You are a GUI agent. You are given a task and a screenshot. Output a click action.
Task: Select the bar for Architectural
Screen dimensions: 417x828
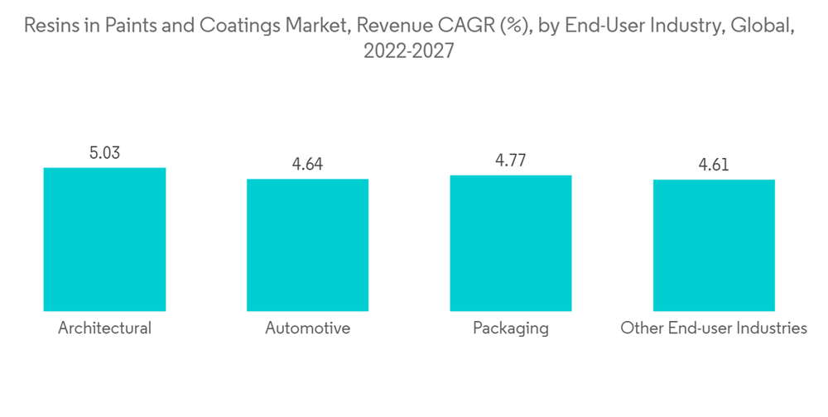tap(104, 239)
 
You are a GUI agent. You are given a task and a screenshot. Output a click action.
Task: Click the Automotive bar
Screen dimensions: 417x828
tap(307, 245)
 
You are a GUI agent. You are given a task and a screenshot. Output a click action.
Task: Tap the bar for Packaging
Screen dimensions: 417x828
tap(511, 242)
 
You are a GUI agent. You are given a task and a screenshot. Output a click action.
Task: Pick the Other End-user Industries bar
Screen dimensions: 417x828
tap(714, 245)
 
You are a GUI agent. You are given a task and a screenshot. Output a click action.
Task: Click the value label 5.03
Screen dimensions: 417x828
tap(104, 153)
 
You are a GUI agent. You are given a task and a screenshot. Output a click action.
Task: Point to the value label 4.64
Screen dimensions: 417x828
tap(307, 165)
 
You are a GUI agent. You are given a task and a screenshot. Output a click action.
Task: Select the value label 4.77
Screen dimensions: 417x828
tap(511, 161)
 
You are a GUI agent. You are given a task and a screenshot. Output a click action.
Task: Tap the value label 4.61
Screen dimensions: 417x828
tap(714, 165)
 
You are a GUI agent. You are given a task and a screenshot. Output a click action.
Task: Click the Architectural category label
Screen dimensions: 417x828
tap(104, 328)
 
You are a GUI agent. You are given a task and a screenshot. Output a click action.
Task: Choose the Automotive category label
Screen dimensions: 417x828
tap(307, 328)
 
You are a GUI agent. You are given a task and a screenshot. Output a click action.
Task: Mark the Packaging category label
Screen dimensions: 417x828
tap(511, 328)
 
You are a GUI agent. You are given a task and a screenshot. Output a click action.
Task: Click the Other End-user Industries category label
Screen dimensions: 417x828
tap(714, 328)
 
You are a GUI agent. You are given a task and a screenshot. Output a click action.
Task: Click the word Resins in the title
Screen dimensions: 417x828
tap(49, 26)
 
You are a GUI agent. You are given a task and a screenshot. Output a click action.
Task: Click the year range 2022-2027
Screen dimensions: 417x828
tap(409, 51)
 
